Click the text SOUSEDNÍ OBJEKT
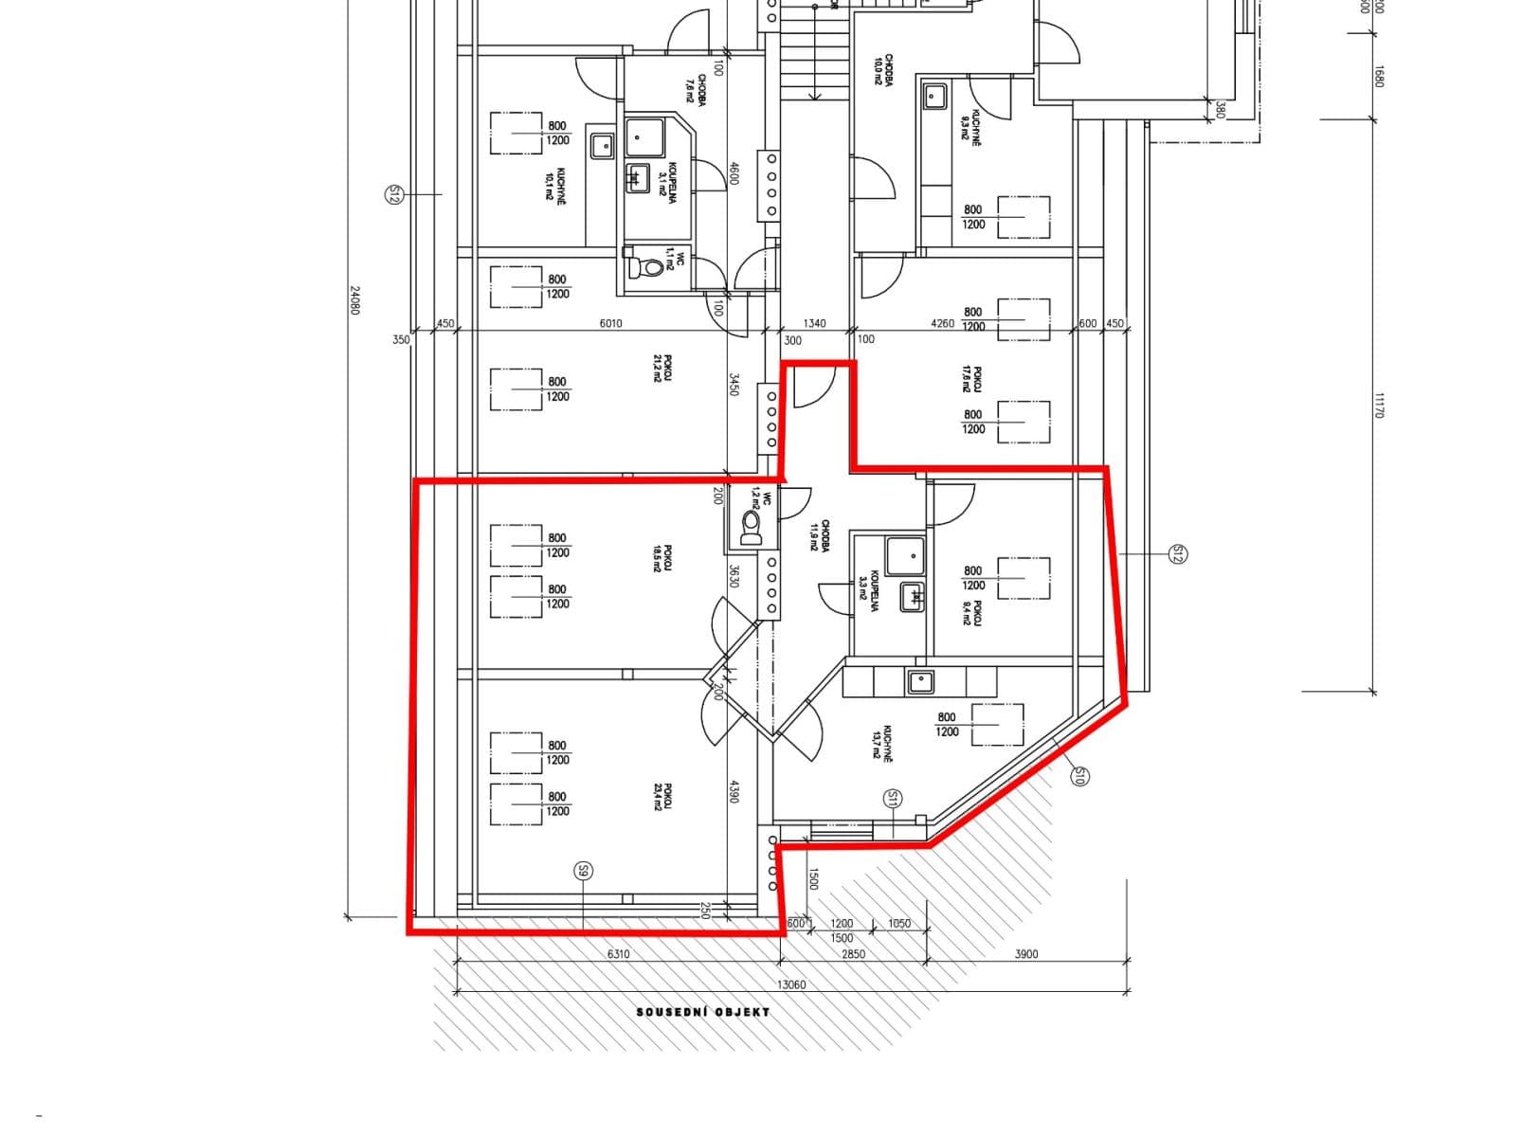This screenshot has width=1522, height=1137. (702, 1012)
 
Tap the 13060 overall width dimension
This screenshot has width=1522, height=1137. (791, 984)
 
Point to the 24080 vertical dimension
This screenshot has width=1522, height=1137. (355, 301)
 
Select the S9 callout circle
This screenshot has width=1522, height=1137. (584, 870)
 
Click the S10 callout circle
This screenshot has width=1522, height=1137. (1079, 777)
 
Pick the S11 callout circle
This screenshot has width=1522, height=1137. (892, 799)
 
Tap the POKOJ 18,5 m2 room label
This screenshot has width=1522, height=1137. (662, 558)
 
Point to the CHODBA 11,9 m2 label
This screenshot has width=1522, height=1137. (820, 536)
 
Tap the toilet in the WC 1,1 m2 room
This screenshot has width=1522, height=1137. (651, 267)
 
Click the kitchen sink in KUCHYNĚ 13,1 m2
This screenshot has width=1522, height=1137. (919, 680)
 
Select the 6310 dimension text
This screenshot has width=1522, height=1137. (618, 954)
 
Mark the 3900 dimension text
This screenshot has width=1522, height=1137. (1026, 954)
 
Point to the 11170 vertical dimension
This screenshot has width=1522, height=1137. (1379, 406)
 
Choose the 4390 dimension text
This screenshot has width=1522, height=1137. (733, 791)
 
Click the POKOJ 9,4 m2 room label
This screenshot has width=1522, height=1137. (972, 613)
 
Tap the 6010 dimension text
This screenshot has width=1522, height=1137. (611, 323)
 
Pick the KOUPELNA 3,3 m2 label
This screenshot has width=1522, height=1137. (868, 593)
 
